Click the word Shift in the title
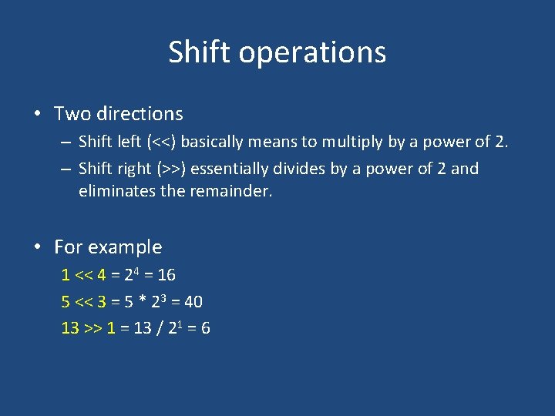200,52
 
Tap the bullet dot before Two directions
37,114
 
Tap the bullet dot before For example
37,247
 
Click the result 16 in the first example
166,275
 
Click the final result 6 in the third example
205,329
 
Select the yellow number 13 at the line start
70,329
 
